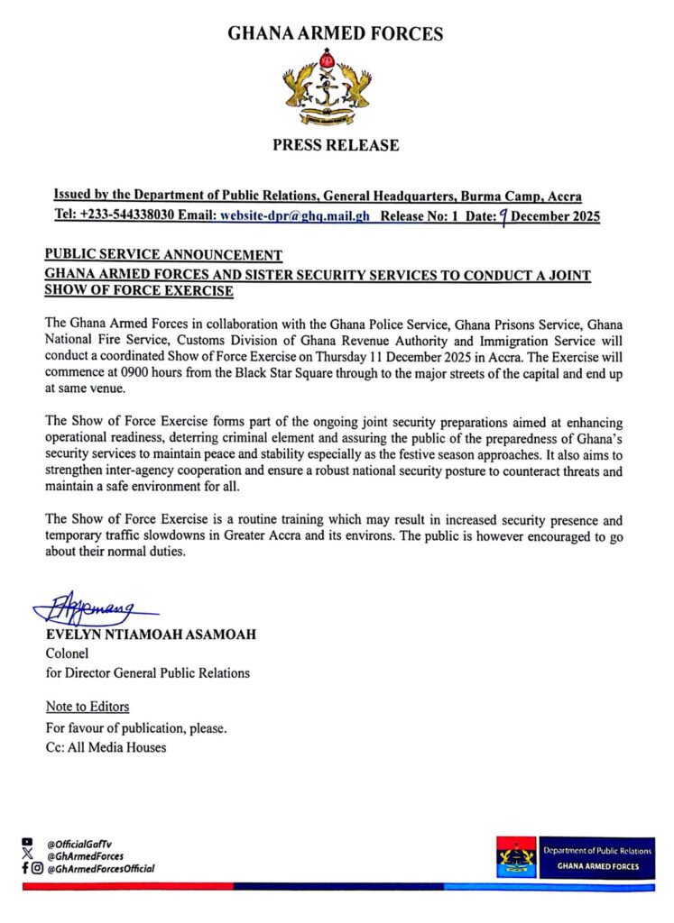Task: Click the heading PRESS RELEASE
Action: click(x=336, y=145)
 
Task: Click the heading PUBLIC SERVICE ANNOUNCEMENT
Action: click(x=164, y=254)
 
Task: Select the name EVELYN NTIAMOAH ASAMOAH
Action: click(x=151, y=635)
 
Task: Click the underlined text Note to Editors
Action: click(x=88, y=706)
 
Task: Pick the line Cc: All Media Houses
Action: click(x=106, y=746)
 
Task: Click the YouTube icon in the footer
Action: click(x=27, y=843)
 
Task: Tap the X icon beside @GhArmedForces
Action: click(x=27, y=855)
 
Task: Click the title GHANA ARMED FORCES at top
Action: click(x=336, y=34)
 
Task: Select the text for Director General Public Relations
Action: click(x=148, y=672)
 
